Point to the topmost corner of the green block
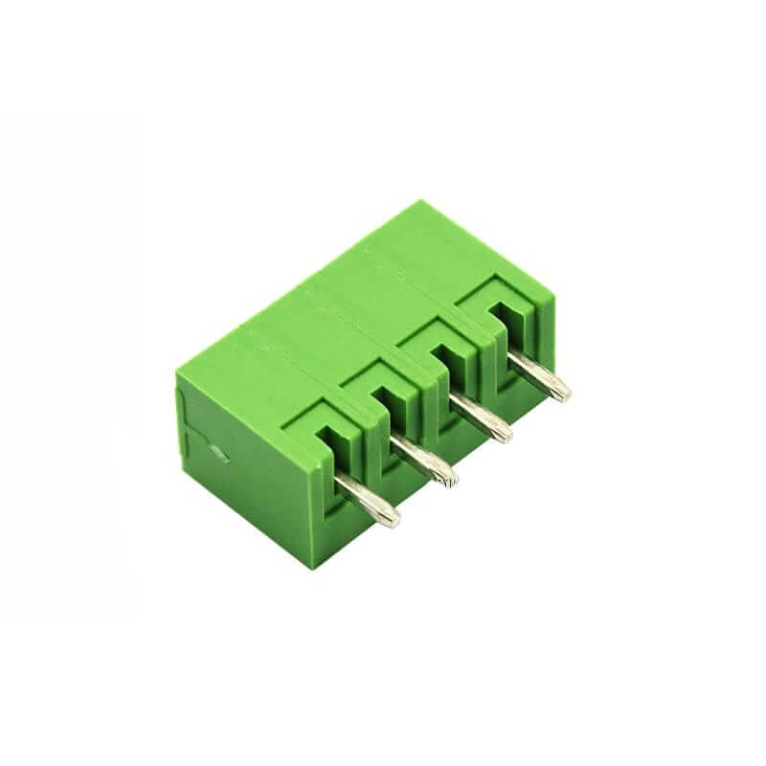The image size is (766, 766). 417,202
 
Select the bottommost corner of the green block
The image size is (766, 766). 308,567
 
